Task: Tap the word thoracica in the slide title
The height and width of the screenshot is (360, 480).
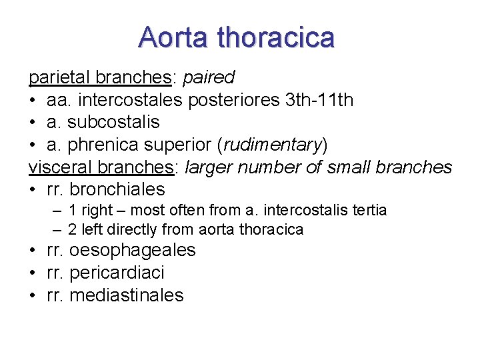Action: point(278,37)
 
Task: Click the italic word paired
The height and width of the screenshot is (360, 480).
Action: point(208,78)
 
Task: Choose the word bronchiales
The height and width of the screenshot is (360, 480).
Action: point(117,189)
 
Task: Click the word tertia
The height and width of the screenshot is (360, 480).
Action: point(366,211)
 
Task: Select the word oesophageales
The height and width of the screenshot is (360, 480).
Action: point(133,251)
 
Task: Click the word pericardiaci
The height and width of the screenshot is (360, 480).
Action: point(117,273)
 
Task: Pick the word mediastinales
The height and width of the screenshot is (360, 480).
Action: point(127,295)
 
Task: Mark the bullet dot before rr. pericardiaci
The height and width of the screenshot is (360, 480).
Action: point(33,273)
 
